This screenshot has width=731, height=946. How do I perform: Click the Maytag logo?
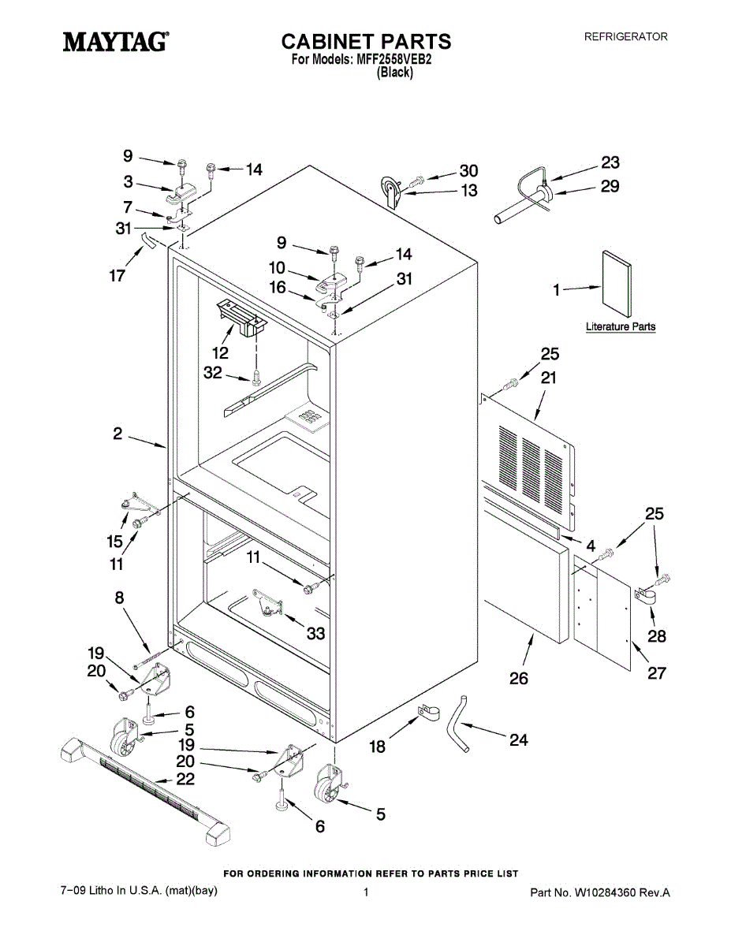115,41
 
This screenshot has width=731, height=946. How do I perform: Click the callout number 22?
185,779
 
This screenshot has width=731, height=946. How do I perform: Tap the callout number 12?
220,352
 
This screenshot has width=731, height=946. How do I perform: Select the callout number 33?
315,633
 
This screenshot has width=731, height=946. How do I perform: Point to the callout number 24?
518,740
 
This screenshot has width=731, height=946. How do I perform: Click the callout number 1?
556,291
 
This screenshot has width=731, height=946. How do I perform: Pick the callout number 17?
117,277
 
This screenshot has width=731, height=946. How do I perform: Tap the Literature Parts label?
620,326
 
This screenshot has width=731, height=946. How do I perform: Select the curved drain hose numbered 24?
458,722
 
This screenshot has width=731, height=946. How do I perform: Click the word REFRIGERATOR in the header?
625,36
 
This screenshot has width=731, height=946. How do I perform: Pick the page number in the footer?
366,892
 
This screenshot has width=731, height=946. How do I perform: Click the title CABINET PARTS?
366,41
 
